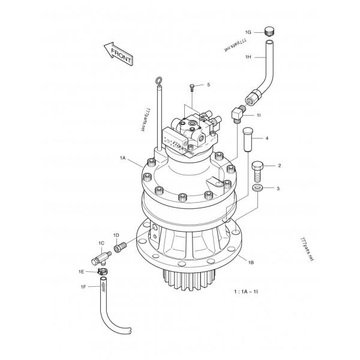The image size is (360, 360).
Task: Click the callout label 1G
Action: tap(248, 32)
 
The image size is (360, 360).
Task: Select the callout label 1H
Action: tap(248, 57)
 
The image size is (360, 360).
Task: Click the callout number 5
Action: tap(208, 85)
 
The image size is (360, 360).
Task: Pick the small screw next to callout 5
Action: tap(191, 88)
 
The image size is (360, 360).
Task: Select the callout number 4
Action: tap(266, 139)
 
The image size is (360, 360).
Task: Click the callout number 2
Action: tap(278, 165)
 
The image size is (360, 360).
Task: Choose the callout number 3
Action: tap(278, 188)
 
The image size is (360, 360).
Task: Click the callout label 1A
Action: tap(122, 158)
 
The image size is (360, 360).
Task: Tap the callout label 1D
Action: tap(116, 235)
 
